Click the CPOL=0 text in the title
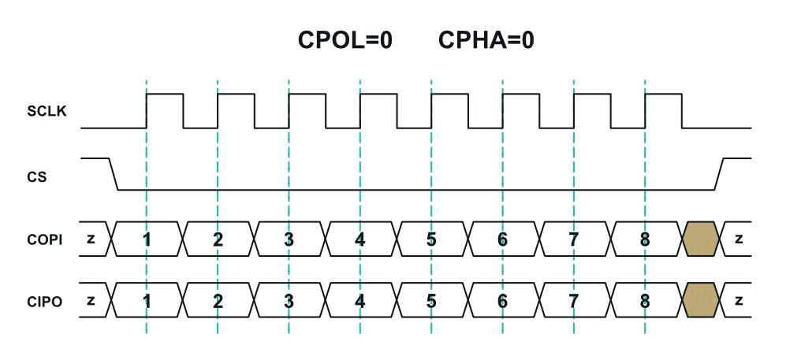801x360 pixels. click(345, 39)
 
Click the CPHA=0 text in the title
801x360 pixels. click(486, 39)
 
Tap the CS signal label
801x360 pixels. click(37, 177)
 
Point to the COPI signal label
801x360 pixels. click(44, 239)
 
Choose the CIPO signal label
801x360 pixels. click(44, 300)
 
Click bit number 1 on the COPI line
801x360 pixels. click(147, 239)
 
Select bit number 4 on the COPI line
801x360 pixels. click(360, 239)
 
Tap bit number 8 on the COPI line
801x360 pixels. click(645, 239)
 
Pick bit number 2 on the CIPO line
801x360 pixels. click(218, 300)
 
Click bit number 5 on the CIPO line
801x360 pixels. click(431, 300)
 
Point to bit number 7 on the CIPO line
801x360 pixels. click(573, 300)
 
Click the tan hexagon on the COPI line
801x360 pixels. click(701, 239)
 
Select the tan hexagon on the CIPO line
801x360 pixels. click(701, 300)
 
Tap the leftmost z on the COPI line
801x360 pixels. click(91, 239)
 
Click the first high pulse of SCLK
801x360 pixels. click(165, 95)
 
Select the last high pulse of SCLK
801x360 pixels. click(663, 95)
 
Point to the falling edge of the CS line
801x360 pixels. click(112, 173)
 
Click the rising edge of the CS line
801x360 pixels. click(718, 173)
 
